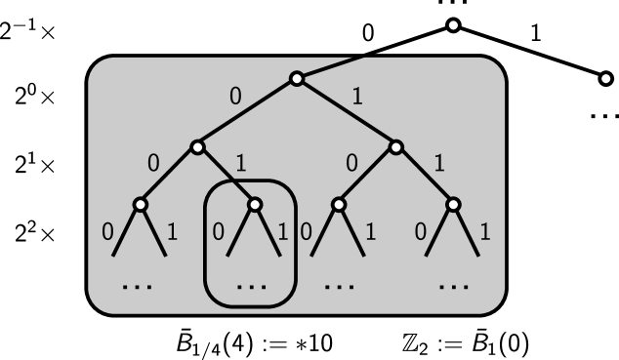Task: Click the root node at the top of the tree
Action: (x=297, y=79)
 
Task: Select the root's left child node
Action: (x=197, y=147)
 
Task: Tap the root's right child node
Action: (x=395, y=147)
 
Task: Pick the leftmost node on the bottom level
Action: (x=140, y=205)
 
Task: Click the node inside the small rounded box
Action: (x=255, y=205)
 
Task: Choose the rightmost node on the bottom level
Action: (x=453, y=205)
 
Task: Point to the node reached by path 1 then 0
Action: (x=338, y=205)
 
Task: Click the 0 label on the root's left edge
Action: (x=235, y=97)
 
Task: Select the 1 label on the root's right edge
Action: (x=357, y=97)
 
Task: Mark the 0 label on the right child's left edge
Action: (x=351, y=163)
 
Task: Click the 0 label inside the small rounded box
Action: (x=218, y=232)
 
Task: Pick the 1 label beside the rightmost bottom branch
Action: (x=485, y=232)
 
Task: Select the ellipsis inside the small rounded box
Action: (x=252, y=287)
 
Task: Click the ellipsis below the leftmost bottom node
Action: (x=138, y=287)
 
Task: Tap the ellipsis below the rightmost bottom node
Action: (x=454, y=287)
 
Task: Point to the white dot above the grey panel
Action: (x=453, y=25)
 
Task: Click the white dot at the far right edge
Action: (x=605, y=78)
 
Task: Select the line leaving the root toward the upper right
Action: (x=332, y=66)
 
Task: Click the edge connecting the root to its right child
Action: (x=347, y=113)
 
